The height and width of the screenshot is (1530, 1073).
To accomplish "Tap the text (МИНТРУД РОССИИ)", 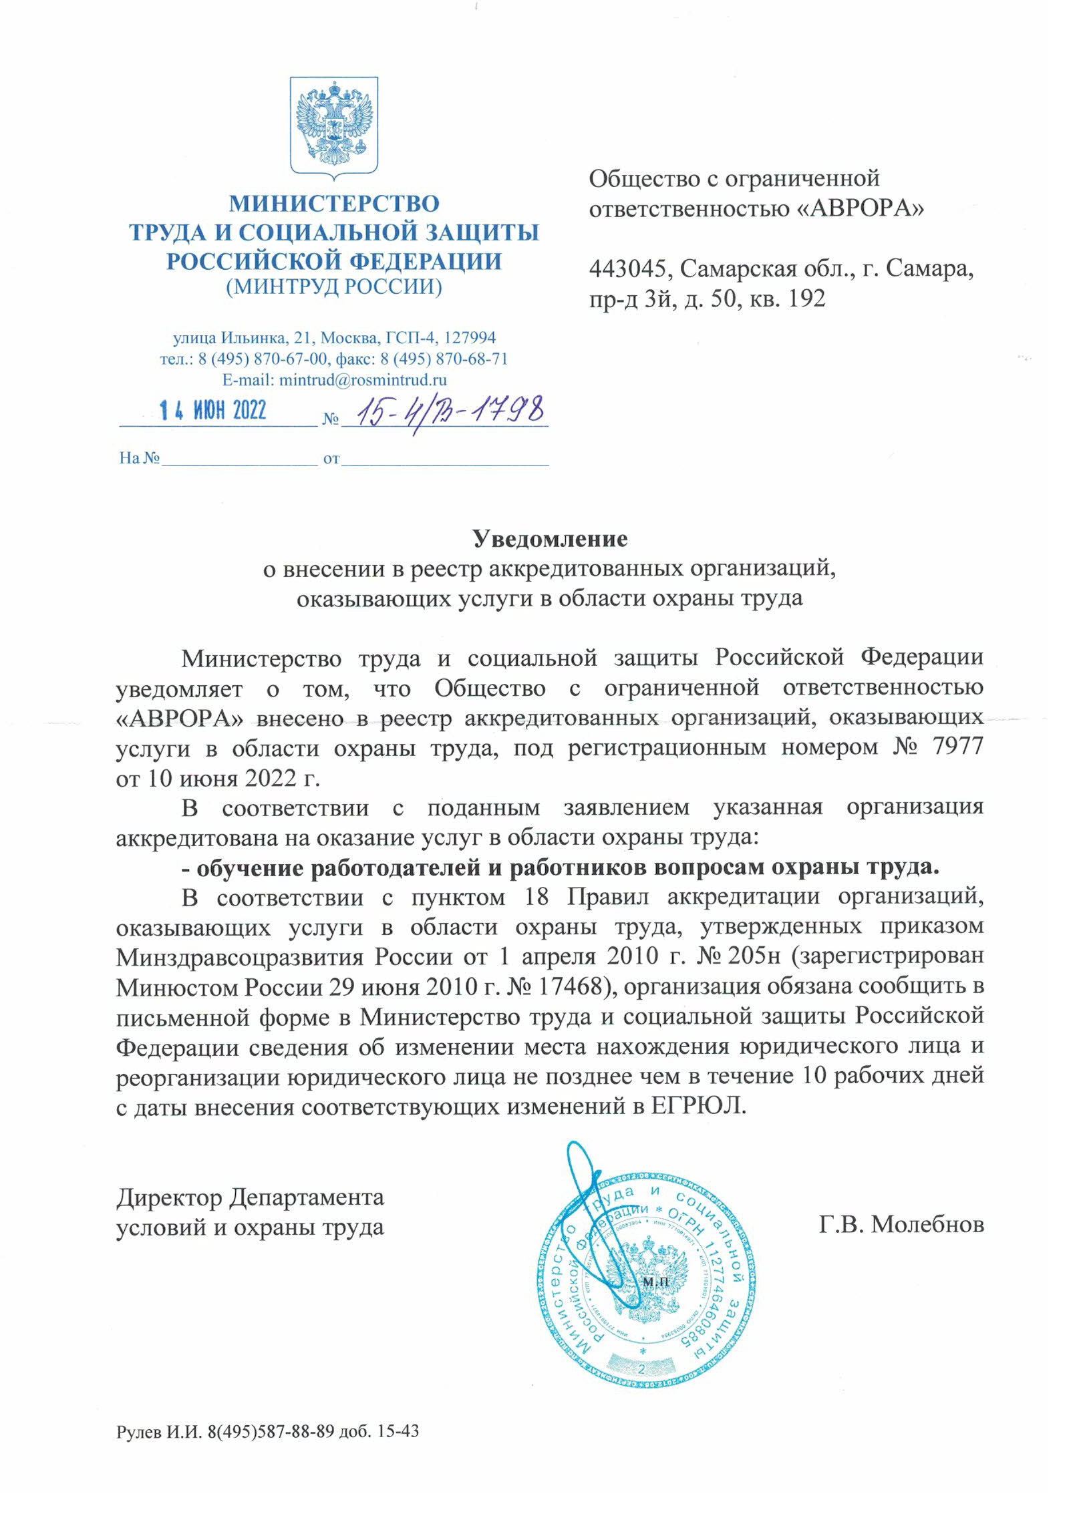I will (334, 286).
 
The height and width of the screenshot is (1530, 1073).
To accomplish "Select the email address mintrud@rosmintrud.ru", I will (363, 380).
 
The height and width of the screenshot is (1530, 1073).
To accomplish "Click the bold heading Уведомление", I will (550, 539).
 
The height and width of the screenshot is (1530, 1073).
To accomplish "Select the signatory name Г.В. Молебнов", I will (901, 1224).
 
